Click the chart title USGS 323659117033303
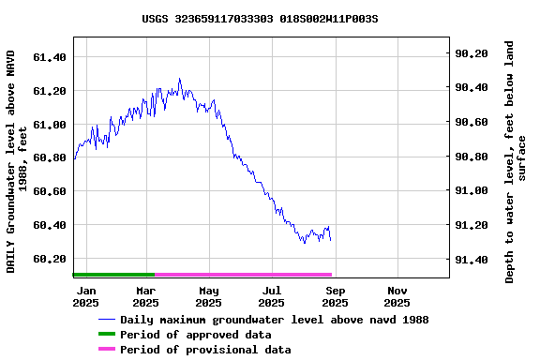[x=261, y=19]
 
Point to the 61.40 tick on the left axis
[x=49, y=57]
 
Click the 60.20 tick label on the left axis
[x=49, y=259]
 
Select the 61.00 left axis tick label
[x=49, y=125]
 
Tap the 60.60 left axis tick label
[x=49, y=191]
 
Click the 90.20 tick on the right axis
[x=471, y=53]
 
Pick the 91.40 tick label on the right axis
[x=471, y=260]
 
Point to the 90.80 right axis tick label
[x=471, y=157]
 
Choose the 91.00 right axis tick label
[x=471, y=191]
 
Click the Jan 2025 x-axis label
[x=85, y=297]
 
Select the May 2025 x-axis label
[x=209, y=297]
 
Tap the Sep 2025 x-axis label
[x=335, y=297]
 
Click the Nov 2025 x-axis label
[x=397, y=297]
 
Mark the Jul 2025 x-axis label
[x=271, y=297]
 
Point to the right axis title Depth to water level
[x=516, y=161]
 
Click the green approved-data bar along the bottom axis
[x=113, y=275]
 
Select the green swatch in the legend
[x=106, y=335]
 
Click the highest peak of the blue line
[x=179, y=79]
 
